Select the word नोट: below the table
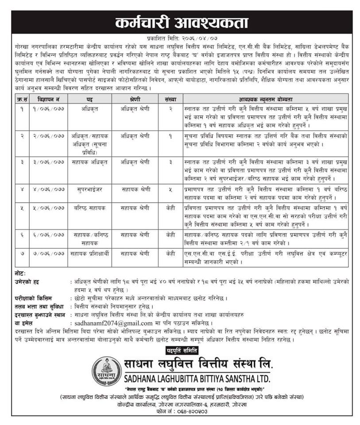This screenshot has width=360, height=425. point(20,274)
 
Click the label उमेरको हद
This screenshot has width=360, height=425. point(27,282)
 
